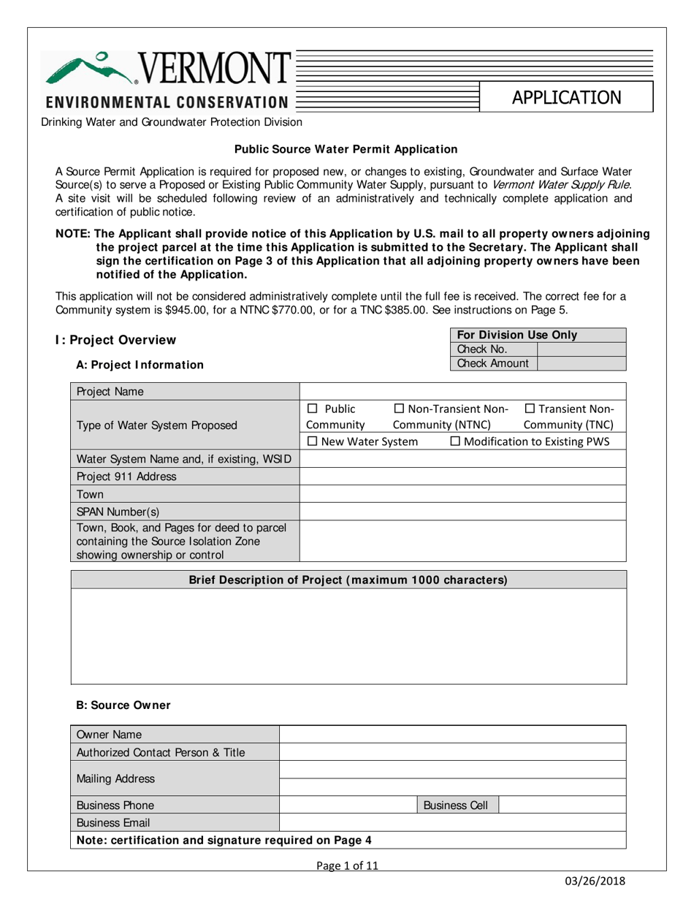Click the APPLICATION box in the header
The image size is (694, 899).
click(566, 97)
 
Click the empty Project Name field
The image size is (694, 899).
click(463, 391)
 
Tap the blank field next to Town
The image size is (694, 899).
click(463, 493)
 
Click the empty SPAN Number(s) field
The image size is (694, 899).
click(463, 511)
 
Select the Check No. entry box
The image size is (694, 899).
click(581, 349)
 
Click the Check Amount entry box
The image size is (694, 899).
click(581, 363)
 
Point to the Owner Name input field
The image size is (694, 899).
click(453, 735)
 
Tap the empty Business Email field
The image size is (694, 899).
click(453, 823)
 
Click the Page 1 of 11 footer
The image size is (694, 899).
click(346, 866)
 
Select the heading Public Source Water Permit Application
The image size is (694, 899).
click(346, 149)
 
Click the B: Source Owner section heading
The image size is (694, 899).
click(123, 705)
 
